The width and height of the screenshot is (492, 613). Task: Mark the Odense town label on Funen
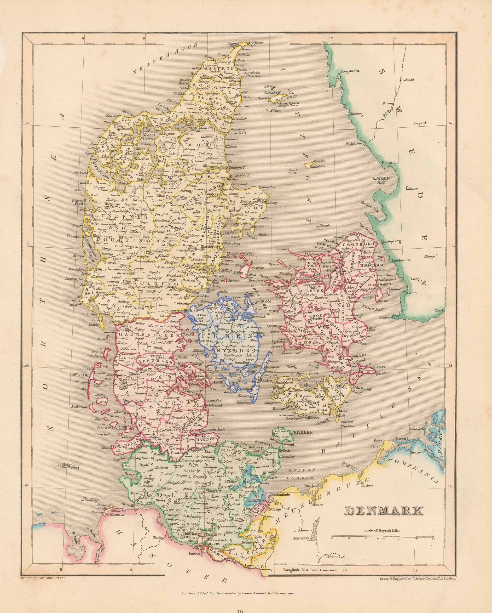[226, 323]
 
